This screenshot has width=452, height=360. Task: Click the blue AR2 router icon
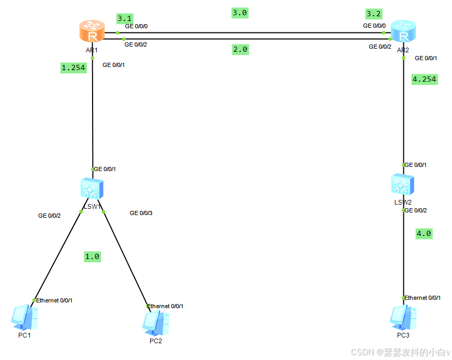(403, 32)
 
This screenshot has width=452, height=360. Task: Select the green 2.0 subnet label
(240, 50)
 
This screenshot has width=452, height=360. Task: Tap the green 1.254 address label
(73, 67)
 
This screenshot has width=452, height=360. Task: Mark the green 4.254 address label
(424, 79)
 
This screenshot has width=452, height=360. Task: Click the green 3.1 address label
(125, 18)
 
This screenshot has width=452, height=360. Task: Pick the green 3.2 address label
(374, 14)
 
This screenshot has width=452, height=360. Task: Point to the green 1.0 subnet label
(92, 256)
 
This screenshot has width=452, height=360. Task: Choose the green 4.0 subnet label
(424, 233)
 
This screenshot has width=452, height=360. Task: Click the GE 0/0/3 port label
(141, 213)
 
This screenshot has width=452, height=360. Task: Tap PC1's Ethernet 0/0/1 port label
(54, 300)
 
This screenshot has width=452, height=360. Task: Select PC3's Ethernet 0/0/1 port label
(423, 298)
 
